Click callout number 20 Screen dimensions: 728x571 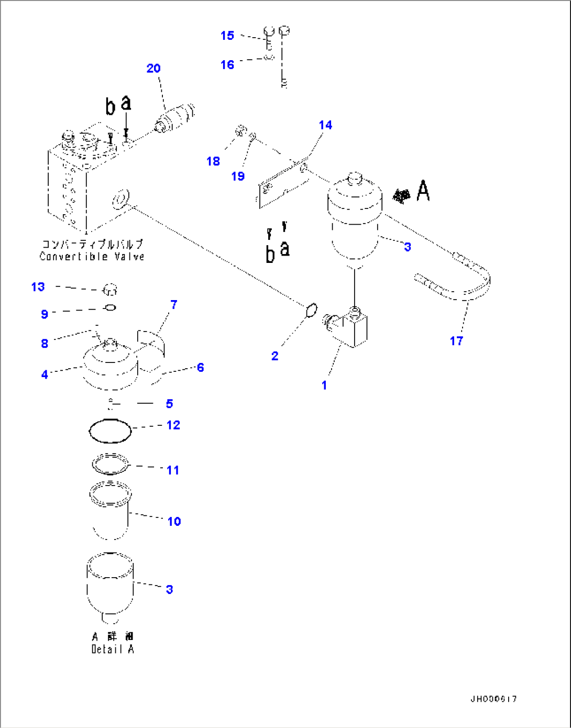tap(153, 69)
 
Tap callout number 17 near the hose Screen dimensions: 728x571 tap(456, 341)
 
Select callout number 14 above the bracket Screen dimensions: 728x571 tap(325, 125)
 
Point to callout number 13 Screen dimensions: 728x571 tap(38, 287)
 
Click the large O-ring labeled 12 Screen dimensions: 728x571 tap(110, 431)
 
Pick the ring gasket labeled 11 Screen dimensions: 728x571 tap(111, 464)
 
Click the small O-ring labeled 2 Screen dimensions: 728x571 tap(311, 310)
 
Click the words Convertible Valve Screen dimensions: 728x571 tap(92, 257)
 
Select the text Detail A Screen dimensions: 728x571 tap(113, 649)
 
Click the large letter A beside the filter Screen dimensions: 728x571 tap(423, 191)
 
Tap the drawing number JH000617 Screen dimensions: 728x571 tap(493, 699)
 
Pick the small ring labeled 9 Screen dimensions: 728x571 tap(111, 307)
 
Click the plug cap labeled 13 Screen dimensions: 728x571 tap(110, 289)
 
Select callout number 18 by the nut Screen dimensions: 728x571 tap(213, 161)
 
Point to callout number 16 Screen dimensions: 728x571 tap(227, 65)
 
